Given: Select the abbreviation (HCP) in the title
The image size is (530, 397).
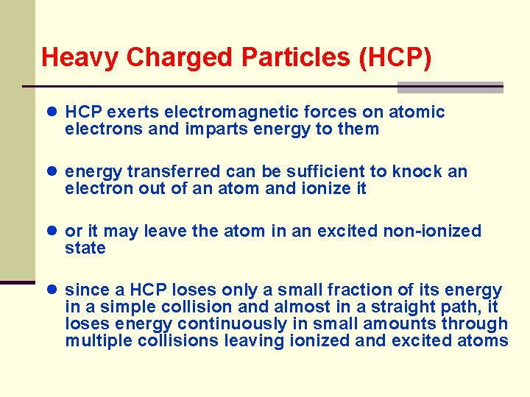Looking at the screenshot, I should pyautogui.click(x=395, y=57).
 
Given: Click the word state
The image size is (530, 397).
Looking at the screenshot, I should pyautogui.click(x=85, y=248).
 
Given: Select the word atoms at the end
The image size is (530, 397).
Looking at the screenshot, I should pyautogui.click(x=484, y=341).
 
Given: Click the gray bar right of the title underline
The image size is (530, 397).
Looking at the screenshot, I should pyautogui.click(x=450, y=87).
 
